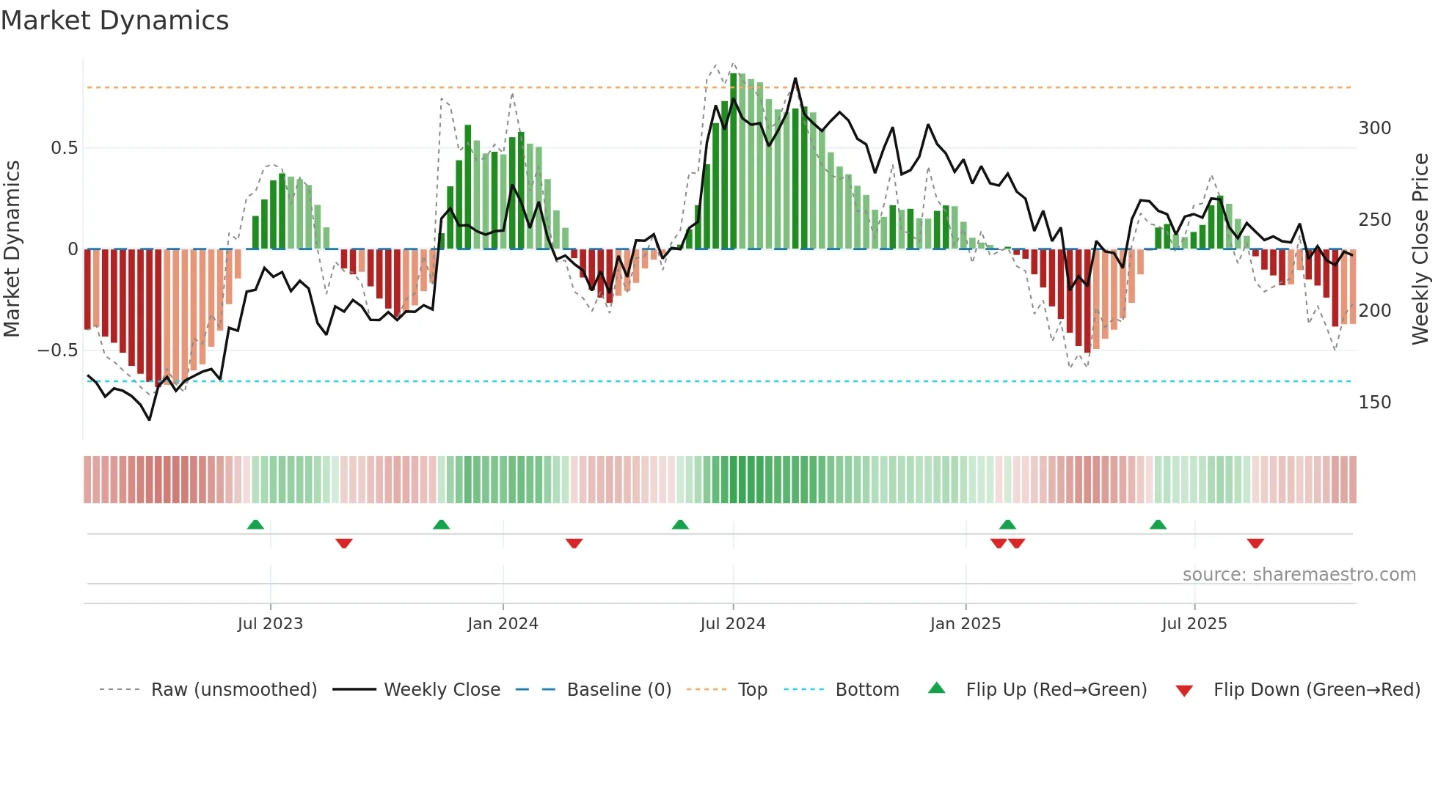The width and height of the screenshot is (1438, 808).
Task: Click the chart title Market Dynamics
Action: point(114,21)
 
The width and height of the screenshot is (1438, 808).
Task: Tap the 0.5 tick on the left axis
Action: point(64,148)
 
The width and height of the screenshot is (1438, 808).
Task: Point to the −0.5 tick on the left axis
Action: point(57,350)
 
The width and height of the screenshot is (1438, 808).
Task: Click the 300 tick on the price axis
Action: point(1374,128)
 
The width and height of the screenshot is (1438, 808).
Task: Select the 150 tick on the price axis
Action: point(1374,403)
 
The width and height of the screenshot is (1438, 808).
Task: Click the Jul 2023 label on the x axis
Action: point(270,624)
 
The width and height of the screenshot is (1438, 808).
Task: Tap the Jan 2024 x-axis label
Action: point(503,624)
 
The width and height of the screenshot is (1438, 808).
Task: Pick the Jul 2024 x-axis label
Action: point(732,624)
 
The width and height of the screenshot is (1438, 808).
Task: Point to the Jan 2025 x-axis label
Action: point(965,624)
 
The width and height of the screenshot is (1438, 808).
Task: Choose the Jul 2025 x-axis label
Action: point(1194,624)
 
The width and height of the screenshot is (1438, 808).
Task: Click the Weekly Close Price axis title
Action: point(1420,249)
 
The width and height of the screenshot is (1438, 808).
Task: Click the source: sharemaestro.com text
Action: point(1299,575)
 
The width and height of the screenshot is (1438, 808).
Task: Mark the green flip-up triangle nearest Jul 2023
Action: point(255,525)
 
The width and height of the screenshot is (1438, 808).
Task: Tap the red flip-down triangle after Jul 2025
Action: point(1255,543)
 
